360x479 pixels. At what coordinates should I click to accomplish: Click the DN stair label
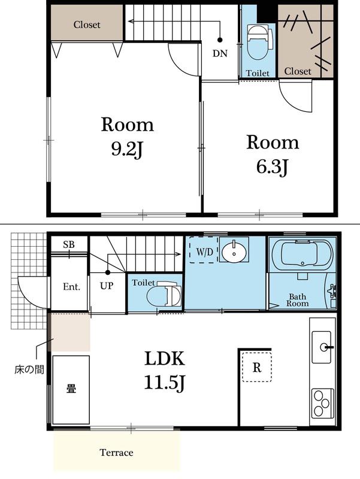click(220, 53)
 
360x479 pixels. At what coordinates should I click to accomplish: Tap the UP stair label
click(107, 286)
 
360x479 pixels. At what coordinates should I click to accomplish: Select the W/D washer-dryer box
click(202, 250)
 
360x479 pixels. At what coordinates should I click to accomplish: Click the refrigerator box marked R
click(257, 367)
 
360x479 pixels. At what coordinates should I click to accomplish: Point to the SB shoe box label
click(69, 244)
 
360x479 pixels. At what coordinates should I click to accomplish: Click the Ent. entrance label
click(71, 287)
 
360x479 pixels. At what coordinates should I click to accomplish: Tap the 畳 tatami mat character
click(71, 389)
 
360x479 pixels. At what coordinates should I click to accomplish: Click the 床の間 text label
click(29, 369)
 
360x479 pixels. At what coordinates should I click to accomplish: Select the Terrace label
click(116, 453)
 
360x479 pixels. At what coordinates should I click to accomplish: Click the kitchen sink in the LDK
click(322, 347)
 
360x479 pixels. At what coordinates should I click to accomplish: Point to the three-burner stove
click(322, 403)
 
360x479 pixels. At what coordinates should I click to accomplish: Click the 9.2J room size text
click(127, 150)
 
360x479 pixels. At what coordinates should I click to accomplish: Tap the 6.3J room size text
click(272, 167)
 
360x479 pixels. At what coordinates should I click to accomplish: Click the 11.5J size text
click(165, 382)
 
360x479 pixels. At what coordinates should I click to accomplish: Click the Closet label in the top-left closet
click(87, 25)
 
